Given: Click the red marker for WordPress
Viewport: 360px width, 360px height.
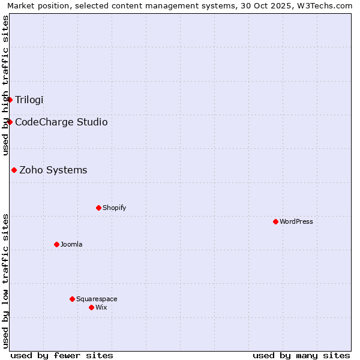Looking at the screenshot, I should coord(275,221).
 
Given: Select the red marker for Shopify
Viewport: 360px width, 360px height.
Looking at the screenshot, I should coord(98,208).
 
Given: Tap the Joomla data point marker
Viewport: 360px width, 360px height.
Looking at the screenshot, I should coord(56,244).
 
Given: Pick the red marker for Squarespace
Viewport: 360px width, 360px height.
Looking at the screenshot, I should coord(72,299).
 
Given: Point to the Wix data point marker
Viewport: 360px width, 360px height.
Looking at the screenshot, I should coord(91,307).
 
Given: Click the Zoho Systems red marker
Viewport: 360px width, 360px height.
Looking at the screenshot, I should coord(14,170).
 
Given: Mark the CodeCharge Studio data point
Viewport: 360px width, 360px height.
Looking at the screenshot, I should coord(10,122).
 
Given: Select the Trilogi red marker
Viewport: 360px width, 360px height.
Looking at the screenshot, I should coord(10,100).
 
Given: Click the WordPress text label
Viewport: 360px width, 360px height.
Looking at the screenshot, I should coord(296,221).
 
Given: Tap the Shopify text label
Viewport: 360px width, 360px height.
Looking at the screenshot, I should coord(114,208).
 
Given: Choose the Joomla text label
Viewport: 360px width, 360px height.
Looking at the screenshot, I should coord(71,244).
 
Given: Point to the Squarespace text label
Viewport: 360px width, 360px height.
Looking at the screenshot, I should coord(97,299).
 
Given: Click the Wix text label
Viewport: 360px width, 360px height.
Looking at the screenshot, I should coord(101,307).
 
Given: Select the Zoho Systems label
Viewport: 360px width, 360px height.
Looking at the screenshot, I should coord(53,170).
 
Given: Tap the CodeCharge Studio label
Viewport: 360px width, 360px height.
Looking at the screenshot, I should coord(61,122).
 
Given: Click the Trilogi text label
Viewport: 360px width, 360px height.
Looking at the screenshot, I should coord(29,100).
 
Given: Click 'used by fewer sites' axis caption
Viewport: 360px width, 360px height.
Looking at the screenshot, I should coord(62,355).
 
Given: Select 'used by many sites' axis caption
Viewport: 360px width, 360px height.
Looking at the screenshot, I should coord(301,355).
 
